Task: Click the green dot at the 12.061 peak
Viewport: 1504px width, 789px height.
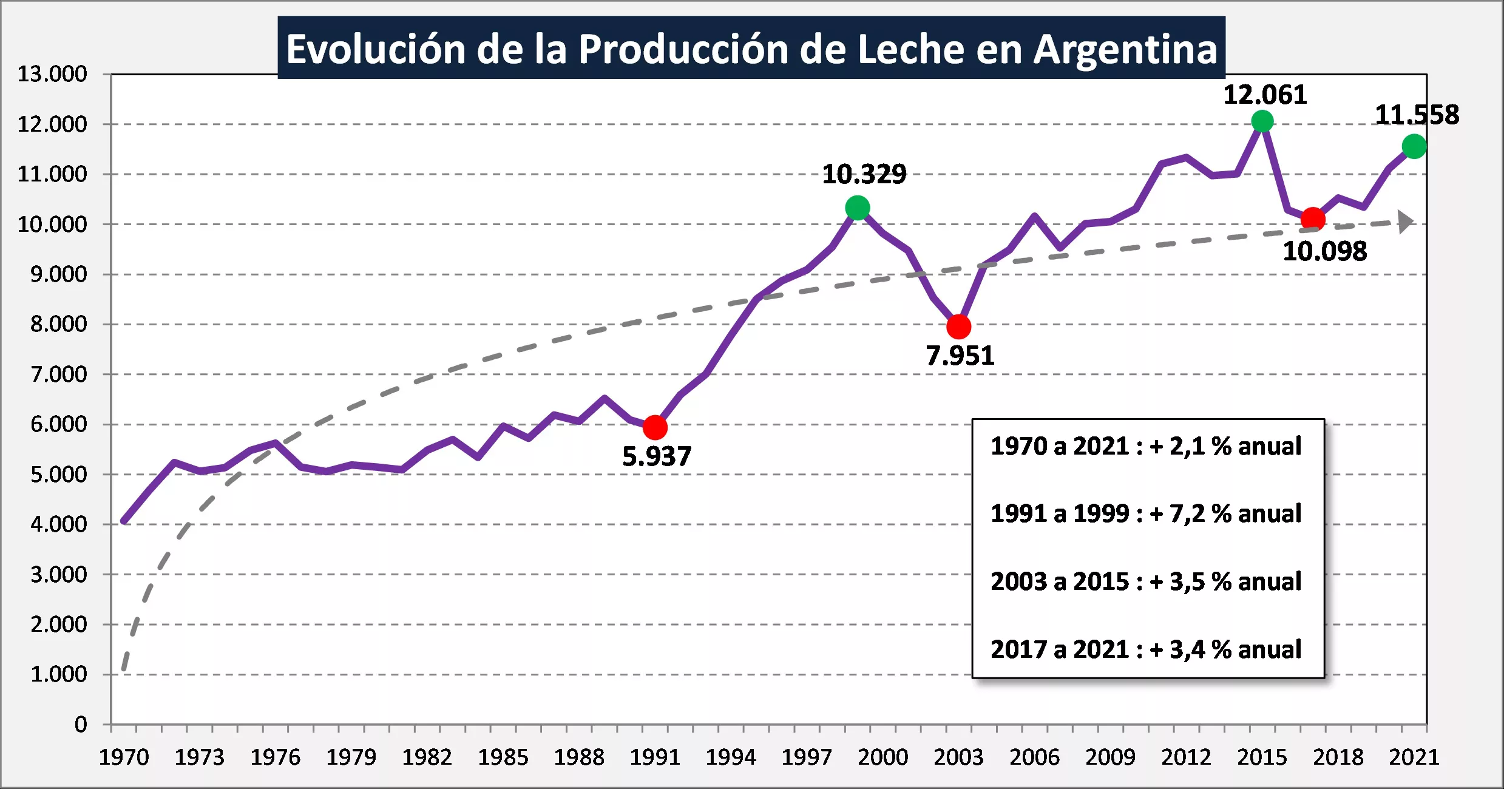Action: [1262, 121]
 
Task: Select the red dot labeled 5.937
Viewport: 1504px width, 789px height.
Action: [655, 427]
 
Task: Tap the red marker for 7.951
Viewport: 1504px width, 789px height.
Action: [958, 327]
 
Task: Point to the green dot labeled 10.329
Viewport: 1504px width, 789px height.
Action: [857, 208]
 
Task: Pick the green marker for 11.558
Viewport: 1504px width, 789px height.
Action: [1414, 146]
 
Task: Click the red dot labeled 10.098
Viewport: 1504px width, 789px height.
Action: [1313, 218]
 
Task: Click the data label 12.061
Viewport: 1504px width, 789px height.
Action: [1265, 95]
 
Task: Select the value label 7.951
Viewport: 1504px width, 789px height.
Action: [960, 356]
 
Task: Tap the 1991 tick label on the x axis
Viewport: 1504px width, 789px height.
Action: [655, 757]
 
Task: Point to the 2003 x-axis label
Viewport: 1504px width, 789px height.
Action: [958, 757]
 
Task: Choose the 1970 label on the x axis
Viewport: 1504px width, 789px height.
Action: [124, 757]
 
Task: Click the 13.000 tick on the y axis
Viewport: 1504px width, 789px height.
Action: [52, 74]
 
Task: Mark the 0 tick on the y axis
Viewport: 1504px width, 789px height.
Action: [81, 724]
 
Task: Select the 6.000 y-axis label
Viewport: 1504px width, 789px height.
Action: [59, 424]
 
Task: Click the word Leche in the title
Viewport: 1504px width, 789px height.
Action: [910, 49]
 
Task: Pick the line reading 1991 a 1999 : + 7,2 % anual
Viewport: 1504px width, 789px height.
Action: [1146, 513]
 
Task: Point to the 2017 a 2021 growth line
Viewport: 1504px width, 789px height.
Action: [1146, 649]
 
